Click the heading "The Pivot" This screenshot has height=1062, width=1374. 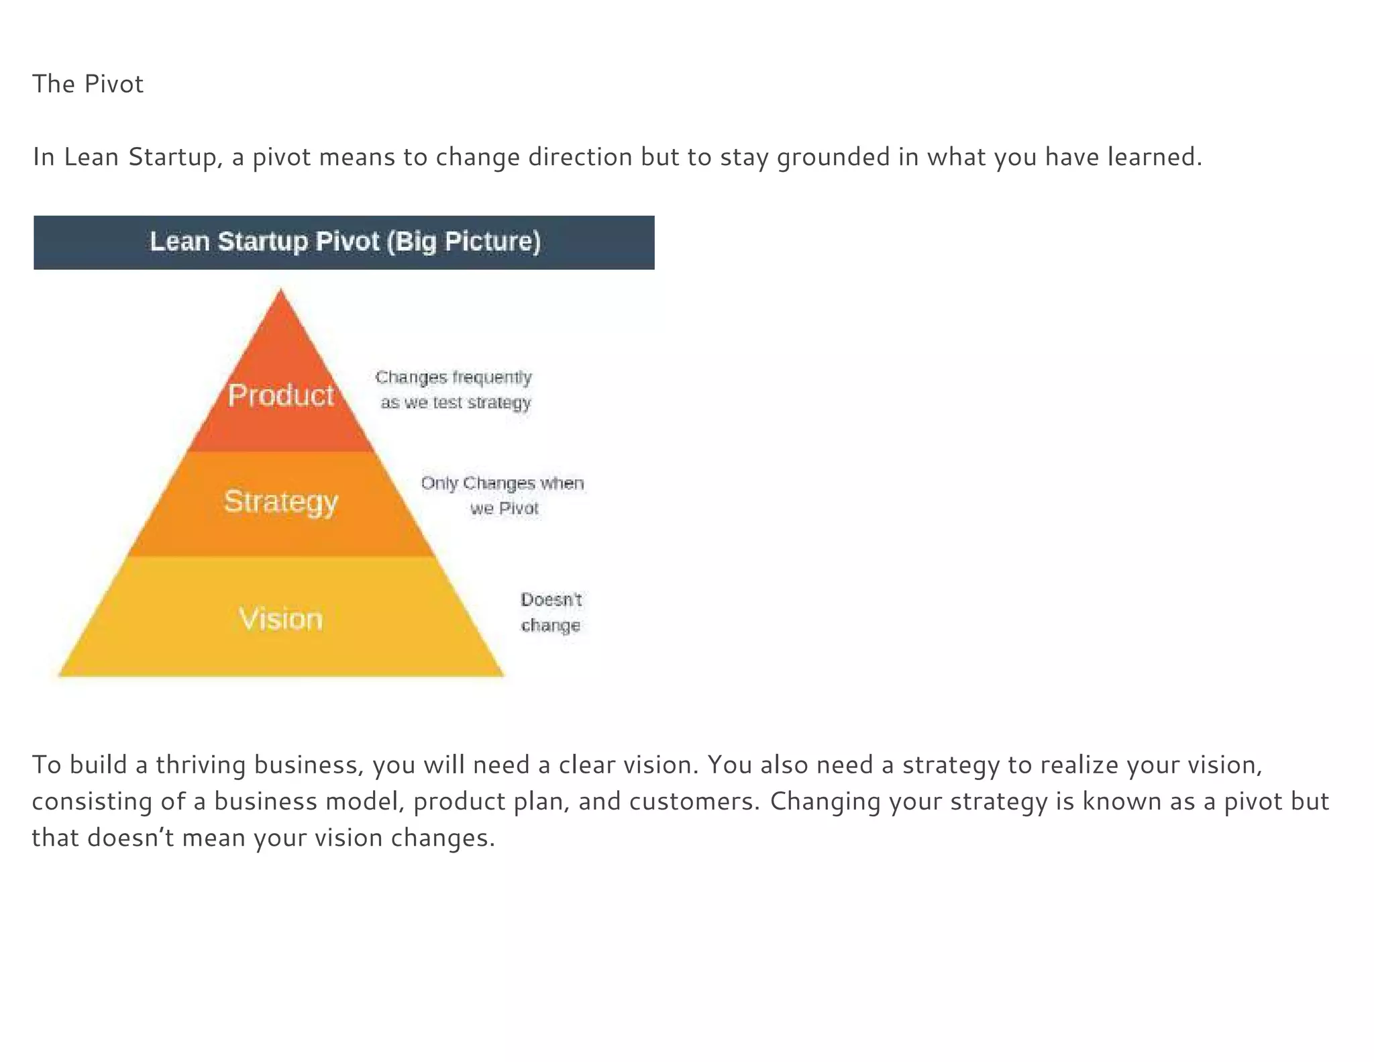(88, 84)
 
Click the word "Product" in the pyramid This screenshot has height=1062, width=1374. (280, 395)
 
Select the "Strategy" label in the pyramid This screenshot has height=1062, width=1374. (280, 501)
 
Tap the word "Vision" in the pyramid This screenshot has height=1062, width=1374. (280, 618)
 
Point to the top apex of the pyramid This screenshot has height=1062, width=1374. (280, 291)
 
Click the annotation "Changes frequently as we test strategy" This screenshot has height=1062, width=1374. (454, 389)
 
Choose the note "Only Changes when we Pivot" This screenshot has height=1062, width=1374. (503, 495)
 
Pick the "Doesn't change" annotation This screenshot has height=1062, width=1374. (551, 612)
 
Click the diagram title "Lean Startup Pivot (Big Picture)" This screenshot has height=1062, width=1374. (344, 242)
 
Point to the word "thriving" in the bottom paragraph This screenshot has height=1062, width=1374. (201, 765)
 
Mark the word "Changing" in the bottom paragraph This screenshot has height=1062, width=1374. (825, 801)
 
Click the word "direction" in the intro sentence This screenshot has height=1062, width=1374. (580, 157)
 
